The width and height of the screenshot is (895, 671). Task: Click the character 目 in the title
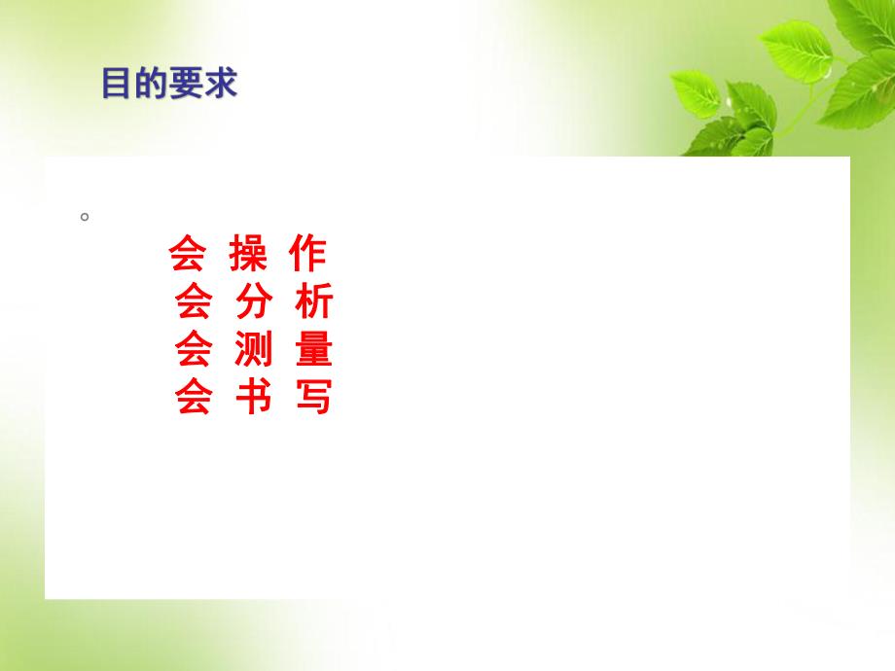click(118, 85)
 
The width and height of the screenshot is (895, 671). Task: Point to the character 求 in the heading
click(221, 85)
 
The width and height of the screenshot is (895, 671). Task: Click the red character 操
click(247, 255)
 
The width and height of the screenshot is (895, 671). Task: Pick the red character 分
click(254, 302)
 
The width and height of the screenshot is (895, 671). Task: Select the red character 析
click(313, 302)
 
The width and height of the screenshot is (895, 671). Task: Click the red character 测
click(254, 349)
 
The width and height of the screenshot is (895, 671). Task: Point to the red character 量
click(313, 349)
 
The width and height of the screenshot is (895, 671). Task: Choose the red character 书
click(254, 397)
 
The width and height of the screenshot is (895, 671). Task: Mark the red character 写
click(313, 397)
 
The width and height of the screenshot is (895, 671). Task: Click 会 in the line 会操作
click(187, 255)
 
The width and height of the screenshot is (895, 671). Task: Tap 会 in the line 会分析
click(194, 302)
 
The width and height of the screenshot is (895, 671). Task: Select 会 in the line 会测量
click(194, 349)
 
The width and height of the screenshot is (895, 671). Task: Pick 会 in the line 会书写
click(194, 397)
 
